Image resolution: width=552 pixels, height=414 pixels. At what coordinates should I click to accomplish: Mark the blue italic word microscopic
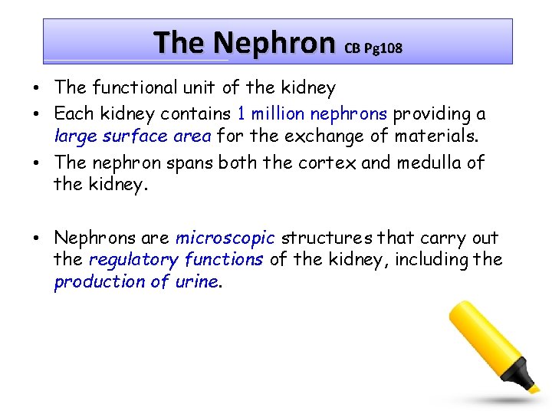point(225,238)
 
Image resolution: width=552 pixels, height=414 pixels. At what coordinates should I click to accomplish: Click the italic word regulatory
point(129,260)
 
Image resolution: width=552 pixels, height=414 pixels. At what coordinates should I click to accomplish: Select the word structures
point(321,238)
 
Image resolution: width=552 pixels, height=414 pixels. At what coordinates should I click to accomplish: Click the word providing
point(431,113)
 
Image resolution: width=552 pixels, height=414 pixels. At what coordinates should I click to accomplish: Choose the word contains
point(195,113)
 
